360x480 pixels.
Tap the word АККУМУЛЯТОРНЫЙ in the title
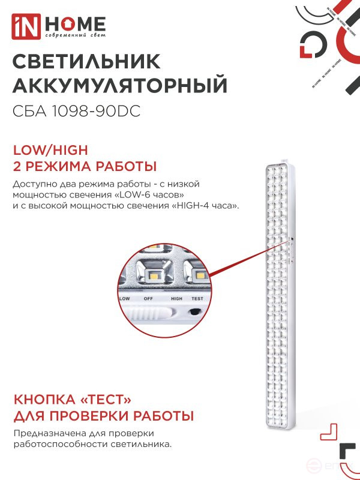tap(120, 85)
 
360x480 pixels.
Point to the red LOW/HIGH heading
tap(50, 149)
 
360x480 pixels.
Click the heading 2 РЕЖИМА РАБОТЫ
tap(85, 166)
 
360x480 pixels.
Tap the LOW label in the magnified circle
tap(125, 298)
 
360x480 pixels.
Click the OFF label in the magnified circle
tap(148, 298)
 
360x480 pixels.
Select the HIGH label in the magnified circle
tap(176, 298)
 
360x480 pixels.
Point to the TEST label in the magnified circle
tap(197, 298)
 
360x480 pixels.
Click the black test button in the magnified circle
tap(195, 311)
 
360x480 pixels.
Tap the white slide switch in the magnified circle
tap(148, 313)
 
